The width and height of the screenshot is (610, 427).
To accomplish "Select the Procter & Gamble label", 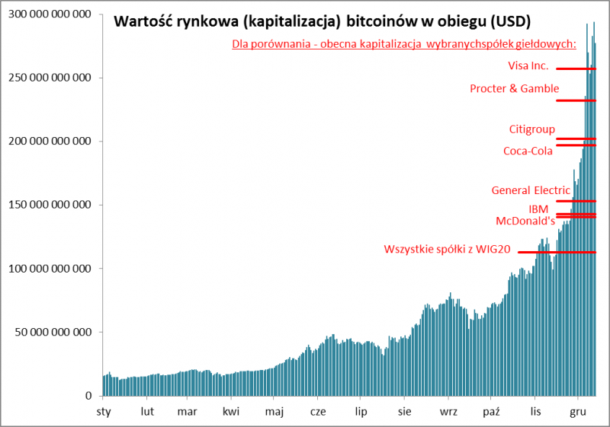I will pos(514,88).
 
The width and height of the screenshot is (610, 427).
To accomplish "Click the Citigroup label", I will pos(531,129).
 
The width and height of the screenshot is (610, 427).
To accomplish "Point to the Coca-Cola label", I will pos(528,151).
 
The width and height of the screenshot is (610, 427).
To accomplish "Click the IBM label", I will pos(538,209).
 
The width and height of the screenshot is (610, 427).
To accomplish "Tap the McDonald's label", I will pos(525,221).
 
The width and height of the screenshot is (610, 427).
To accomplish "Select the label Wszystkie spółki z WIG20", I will pos(448,249).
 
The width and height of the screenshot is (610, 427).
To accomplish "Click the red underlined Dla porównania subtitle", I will pos(403,44).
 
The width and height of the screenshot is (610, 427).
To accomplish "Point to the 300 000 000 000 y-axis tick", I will pos(48,14).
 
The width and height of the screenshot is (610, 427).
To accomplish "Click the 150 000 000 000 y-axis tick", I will pos(48,205).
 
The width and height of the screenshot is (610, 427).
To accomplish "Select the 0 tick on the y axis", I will pos(89,396).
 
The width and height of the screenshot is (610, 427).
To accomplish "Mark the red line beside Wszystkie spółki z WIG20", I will pos(557,252).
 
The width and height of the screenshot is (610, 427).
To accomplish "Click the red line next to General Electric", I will pos(576,201).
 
